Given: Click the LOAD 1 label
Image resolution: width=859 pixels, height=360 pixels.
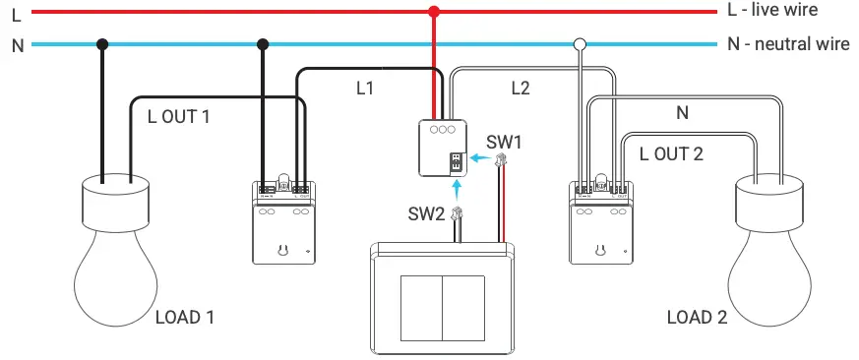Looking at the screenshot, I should [185, 318].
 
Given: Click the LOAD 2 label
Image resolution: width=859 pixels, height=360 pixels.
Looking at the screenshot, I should [697, 318].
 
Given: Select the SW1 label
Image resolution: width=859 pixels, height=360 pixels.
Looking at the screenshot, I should [504, 142].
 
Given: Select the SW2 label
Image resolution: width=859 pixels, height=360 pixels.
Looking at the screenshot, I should [427, 212].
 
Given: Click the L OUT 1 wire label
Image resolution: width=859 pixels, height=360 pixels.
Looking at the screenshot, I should [179, 116].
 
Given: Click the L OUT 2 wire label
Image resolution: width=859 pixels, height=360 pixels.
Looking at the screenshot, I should [671, 153].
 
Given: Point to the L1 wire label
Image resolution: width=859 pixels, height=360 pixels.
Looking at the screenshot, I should [365, 89].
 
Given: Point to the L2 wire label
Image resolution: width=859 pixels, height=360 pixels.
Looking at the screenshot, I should [521, 89].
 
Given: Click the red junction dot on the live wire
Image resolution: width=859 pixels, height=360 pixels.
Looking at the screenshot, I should [433, 12].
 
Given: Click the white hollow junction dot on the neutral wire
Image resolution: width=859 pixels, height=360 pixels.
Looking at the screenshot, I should [581, 44].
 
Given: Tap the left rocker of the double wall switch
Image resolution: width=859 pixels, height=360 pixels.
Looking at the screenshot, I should [421, 304].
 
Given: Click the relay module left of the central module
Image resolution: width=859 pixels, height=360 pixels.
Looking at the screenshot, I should [283, 222].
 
